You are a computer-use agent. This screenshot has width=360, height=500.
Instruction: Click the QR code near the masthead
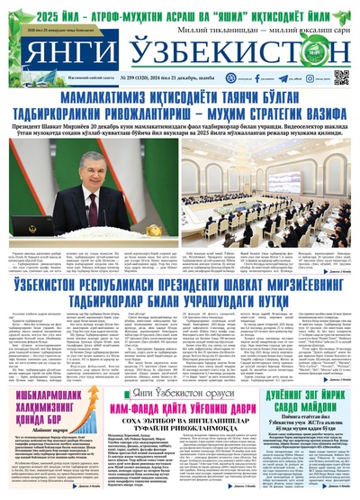pos(341,77)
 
